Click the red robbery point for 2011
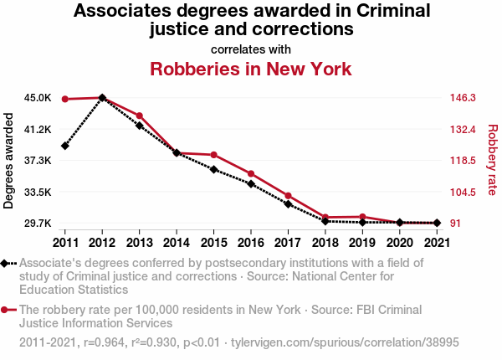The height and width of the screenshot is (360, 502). [64, 99]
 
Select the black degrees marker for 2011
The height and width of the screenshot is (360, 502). [64, 146]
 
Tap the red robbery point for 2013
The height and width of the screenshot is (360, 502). [139, 116]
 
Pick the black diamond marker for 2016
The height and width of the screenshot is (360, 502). [250, 183]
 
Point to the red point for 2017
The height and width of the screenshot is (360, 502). [288, 195]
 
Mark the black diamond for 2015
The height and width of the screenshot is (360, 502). [213, 169]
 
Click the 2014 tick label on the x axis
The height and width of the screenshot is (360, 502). [176, 243]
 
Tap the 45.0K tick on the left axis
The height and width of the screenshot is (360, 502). [38, 98]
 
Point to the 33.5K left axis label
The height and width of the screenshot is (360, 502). [38, 192]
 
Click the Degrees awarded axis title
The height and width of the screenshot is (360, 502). [9, 161]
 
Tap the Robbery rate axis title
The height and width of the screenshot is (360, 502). [492, 161]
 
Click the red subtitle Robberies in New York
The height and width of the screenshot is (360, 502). [251, 69]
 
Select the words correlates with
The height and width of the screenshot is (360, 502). [251, 49]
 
